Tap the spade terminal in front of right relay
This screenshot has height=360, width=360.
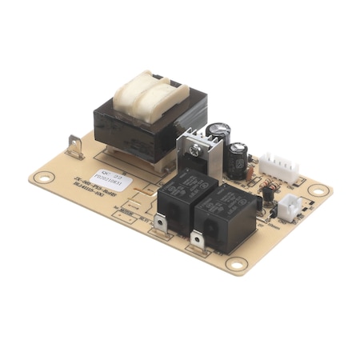[x=197, y=239]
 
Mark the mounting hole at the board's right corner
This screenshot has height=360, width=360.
[x=318, y=190]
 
